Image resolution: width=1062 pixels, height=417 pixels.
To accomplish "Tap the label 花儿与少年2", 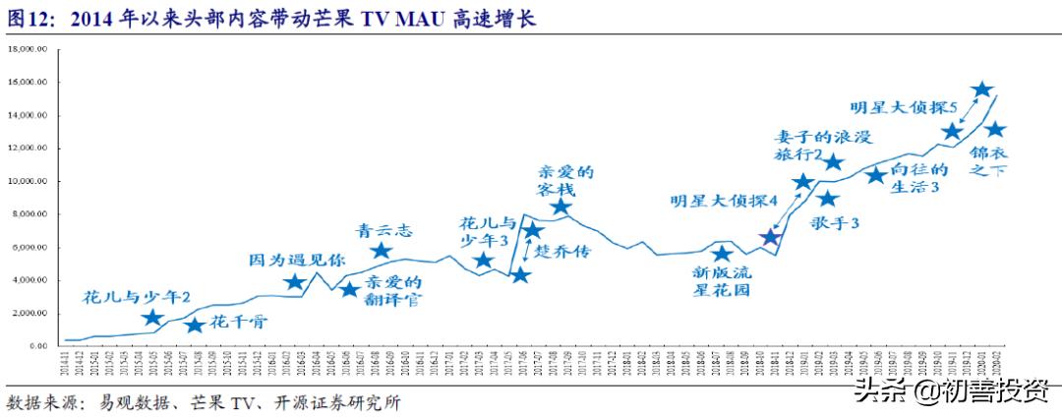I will [x=137, y=296].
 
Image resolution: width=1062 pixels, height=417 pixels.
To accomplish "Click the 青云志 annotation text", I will [x=383, y=231].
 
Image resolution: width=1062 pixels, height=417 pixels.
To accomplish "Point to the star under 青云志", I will [x=382, y=251].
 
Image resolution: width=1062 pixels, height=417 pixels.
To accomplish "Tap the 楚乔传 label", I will [x=566, y=252].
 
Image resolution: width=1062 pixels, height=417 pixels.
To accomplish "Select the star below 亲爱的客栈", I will [x=560, y=207].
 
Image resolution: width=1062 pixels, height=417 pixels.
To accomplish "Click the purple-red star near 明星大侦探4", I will [x=771, y=237].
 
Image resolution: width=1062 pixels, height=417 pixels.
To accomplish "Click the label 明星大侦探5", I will [x=905, y=105].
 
